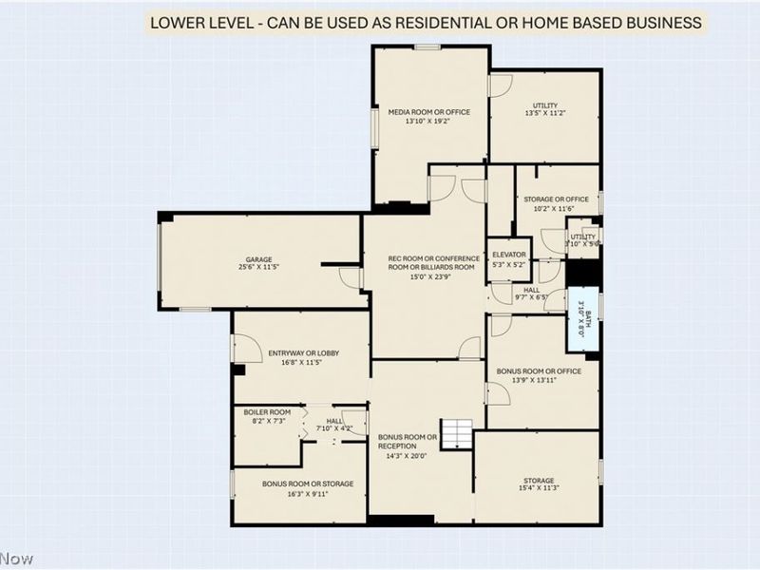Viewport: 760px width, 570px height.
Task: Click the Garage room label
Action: tap(259, 259)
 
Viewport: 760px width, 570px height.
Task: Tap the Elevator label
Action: tap(508, 255)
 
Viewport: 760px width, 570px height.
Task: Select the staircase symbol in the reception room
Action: tap(457, 433)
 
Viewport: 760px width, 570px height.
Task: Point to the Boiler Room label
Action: tap(259, 411)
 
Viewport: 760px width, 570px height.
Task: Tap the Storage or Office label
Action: tap(556, 199)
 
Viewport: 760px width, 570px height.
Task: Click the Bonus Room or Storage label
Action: tap(307, 484)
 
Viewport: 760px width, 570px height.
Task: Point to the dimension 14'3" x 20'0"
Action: tap(407, 456)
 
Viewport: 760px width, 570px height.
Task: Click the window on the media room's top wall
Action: tap(427, 47)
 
